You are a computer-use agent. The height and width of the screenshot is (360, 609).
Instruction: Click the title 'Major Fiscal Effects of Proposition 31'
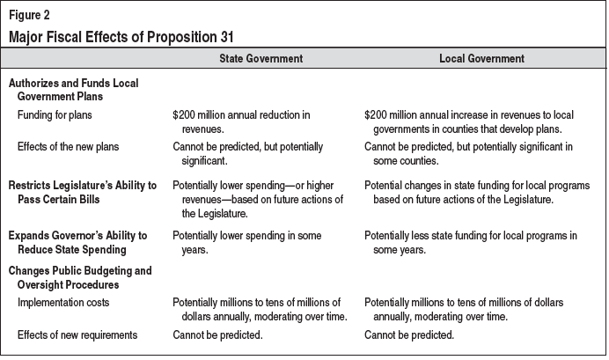pyautogui.click(x=121, y=36)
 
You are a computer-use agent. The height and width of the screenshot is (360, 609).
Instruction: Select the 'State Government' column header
pyautogui.click(x=260, y=59)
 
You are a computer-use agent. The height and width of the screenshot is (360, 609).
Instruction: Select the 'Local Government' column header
pyautogui.click(x=481, y=59)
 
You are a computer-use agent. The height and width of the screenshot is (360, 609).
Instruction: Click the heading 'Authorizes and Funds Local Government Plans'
pyautogui.click(x=73, y=89)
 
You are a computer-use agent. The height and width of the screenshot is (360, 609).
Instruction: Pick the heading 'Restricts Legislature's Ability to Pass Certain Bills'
pyautogui.click(x=84, y=193)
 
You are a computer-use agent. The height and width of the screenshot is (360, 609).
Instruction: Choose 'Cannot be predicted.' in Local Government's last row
pyautogui.click(x=409, y=334)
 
